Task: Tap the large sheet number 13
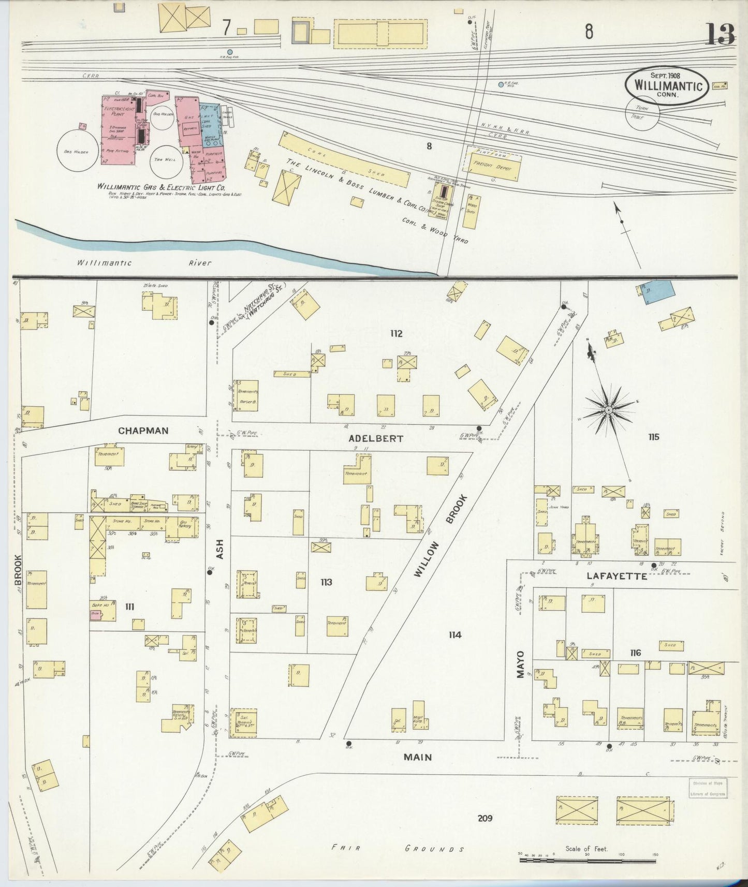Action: click(720, 35)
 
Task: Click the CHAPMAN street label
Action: click(143, 431)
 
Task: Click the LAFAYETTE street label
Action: click(617, 576)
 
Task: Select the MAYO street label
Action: click(520, 664)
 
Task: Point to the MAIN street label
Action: click(418, 757)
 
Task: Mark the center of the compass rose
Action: click(609, 410)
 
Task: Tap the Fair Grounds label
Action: click(398, 849)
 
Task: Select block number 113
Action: click(326, 582)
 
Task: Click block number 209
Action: click(485, 818)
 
